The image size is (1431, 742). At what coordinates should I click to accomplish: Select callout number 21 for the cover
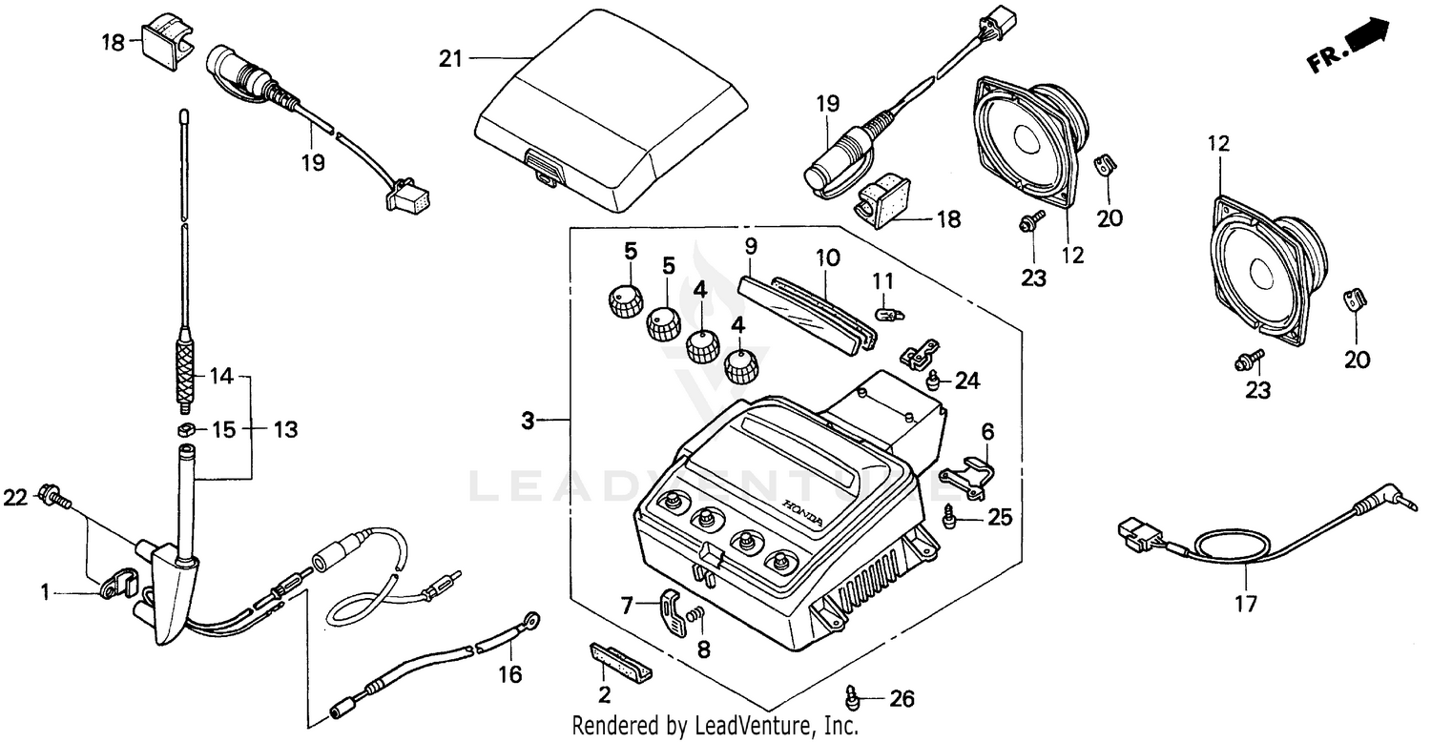(449, 59)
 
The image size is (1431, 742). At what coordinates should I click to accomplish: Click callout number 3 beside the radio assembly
(529, 420)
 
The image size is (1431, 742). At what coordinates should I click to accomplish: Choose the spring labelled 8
(697, 623)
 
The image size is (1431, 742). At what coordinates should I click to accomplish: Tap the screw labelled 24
(933, 383)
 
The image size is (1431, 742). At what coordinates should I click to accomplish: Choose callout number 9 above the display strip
(751, 247)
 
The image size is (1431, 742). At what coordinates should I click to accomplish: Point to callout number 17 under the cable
(1246, 603)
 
